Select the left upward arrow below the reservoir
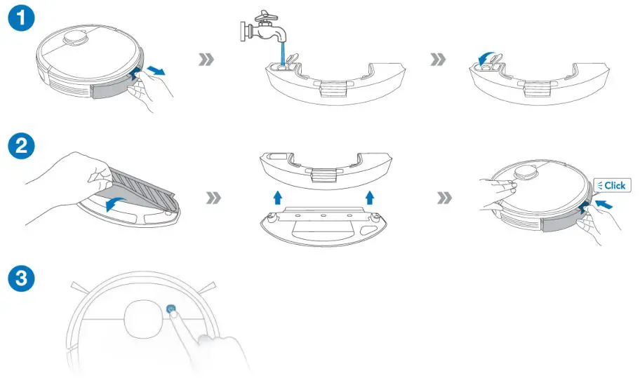pyautogui.click(x=278, y=198)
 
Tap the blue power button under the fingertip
pyautogui.click(x=171, y=309)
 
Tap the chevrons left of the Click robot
pyautogui.click(x=444, y=199)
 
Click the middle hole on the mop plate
pyautogui.click(x=324, y=215)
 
